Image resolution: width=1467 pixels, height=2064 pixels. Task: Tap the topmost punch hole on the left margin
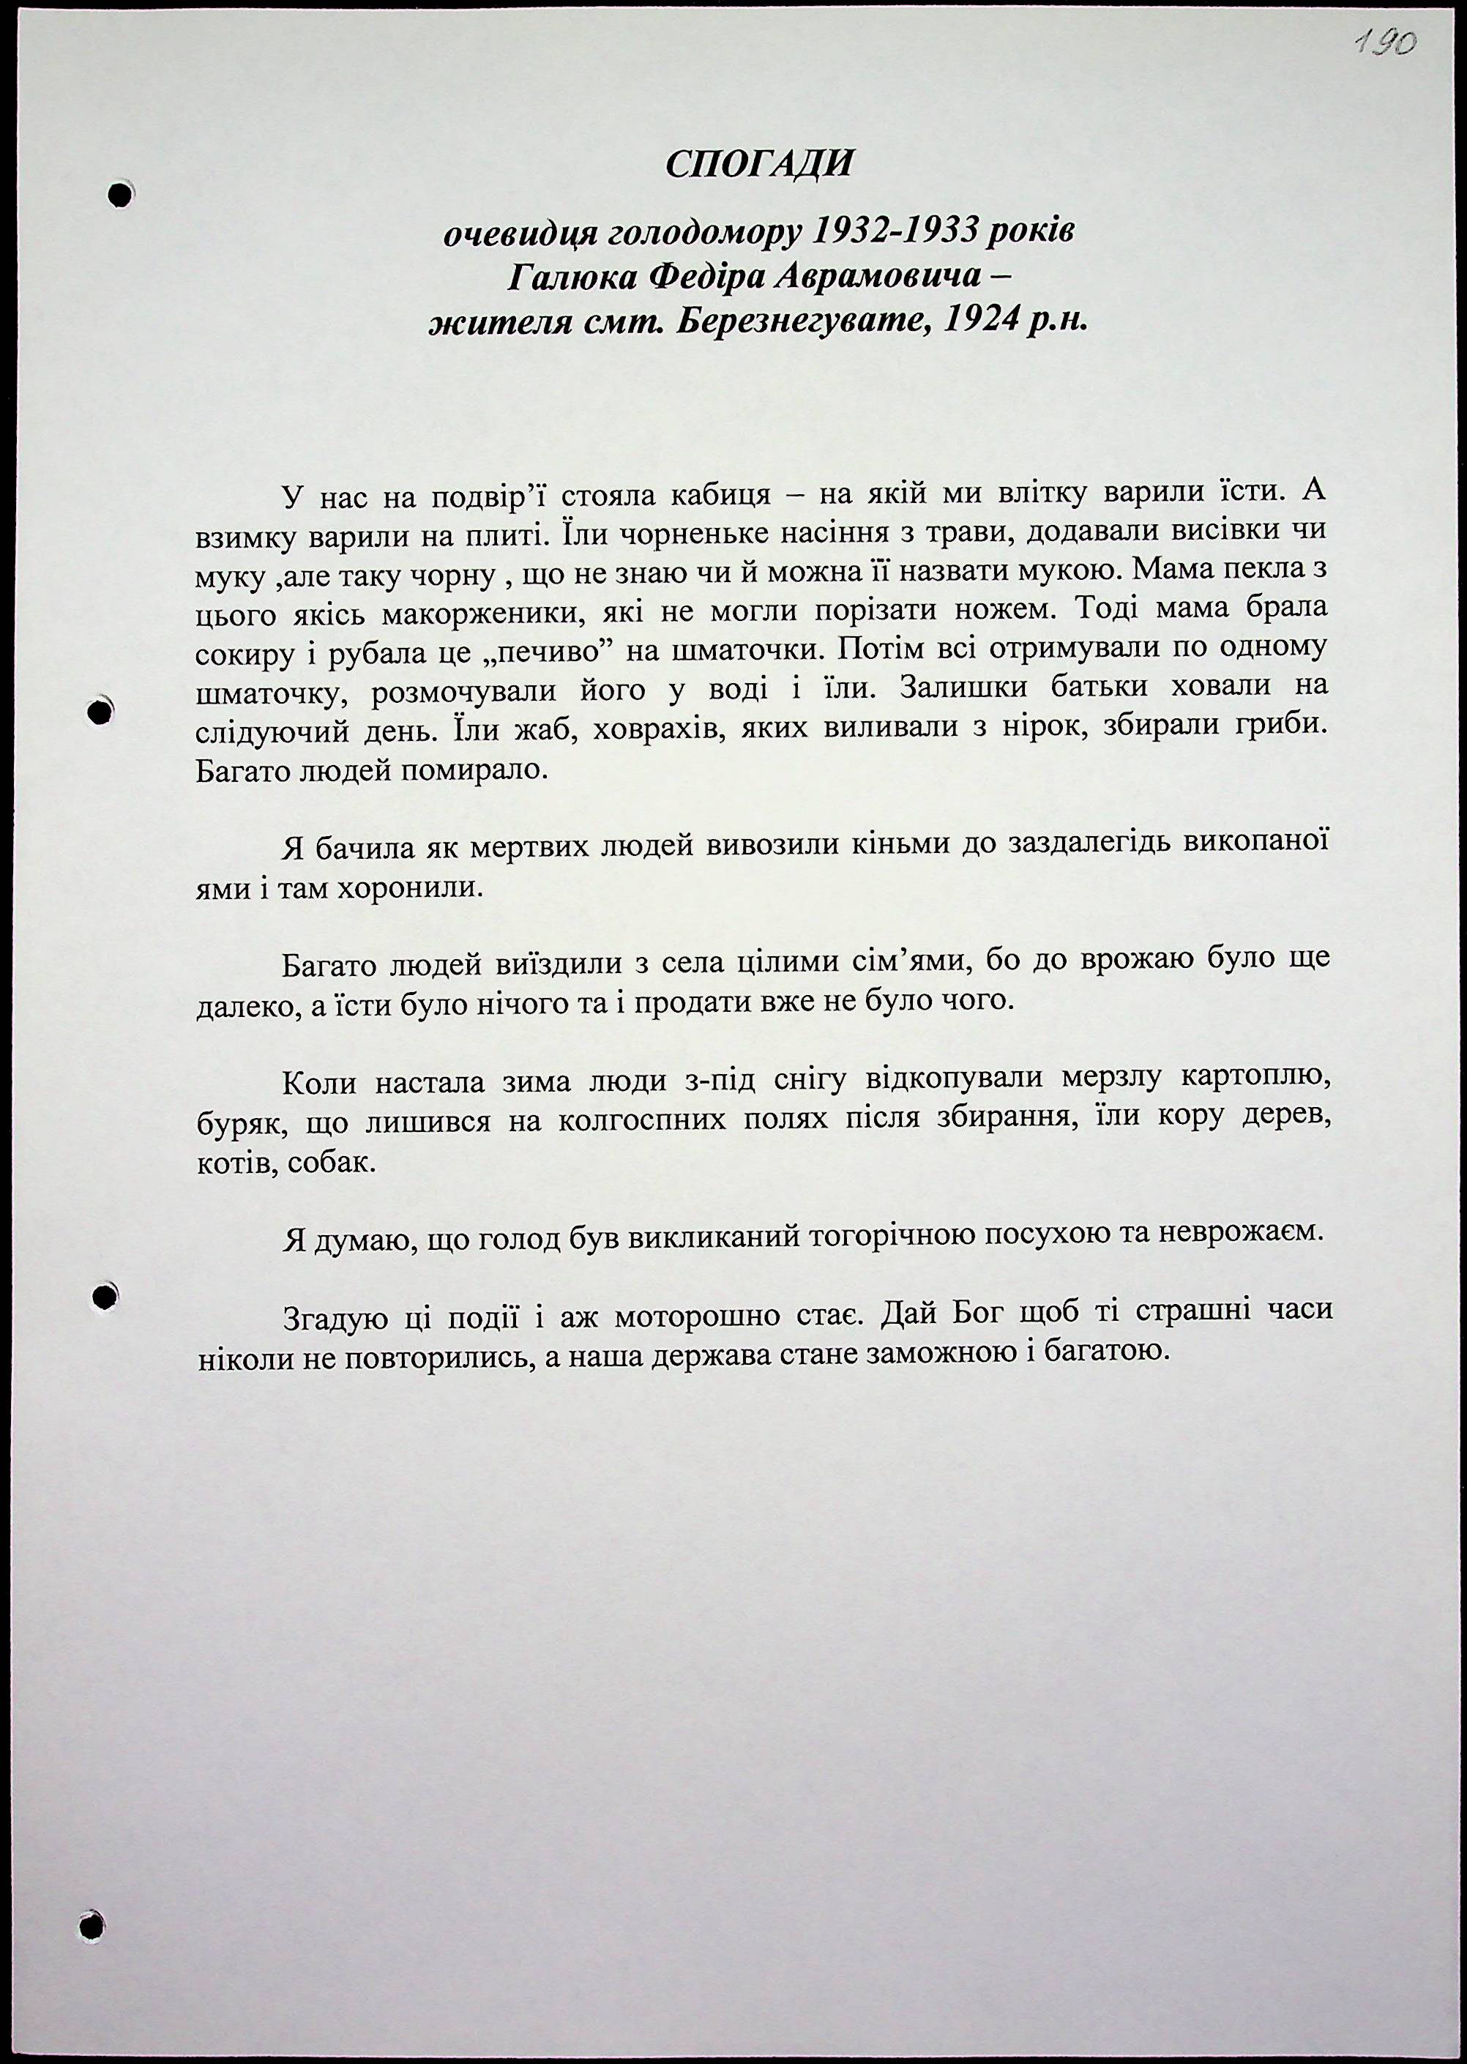pyautogui.click(x=119, y=193)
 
